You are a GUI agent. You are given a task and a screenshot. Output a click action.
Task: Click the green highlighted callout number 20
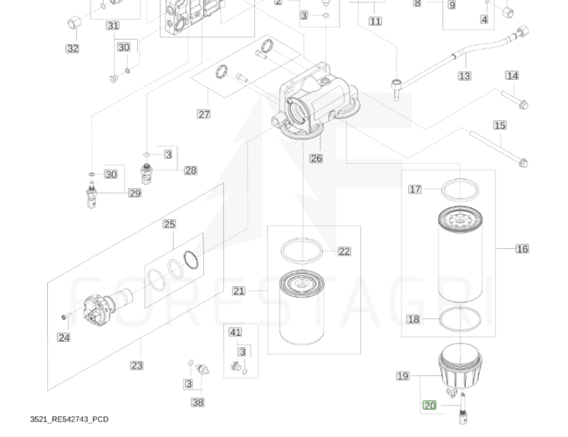pyautogui.click(x=429, y=405)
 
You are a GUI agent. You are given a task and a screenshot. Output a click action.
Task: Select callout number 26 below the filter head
pyautogui.click(x=316, y=158)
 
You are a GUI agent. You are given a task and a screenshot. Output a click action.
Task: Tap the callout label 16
pyautogui.click(x=522, y=249)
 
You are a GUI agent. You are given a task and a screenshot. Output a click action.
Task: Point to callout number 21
pyautogui.click(x=238, y=291)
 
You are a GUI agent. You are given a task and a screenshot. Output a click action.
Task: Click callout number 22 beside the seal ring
pyautogui.click(x=344, y=251)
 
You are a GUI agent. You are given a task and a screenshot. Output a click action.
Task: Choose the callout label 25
pyautogui.click(x=169, y=224)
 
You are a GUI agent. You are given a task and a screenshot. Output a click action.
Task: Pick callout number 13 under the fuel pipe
pyautogui.click(x=464, y=76)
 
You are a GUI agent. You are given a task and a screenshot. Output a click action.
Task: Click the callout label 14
pyautogui.click(x=512, y=75)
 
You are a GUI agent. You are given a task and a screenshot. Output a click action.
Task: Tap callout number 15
pyautogui.click(x=499, y=126)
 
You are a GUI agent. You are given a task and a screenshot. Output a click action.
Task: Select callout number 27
pyautogui.click(x=203, y=114)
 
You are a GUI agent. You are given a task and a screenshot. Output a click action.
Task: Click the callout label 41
pyautogui.click(x=235, y=332)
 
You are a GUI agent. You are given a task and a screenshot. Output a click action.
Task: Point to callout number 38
pyautogui.click(x=197, y=402)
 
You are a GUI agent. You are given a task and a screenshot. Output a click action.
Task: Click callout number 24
pyautogui.click(x=64, y=337)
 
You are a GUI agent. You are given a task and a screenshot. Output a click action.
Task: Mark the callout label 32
pyautogui.click(x=72, y=49)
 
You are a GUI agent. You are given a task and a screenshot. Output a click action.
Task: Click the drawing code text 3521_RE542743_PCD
pyautogui.click(x=69, y=419)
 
